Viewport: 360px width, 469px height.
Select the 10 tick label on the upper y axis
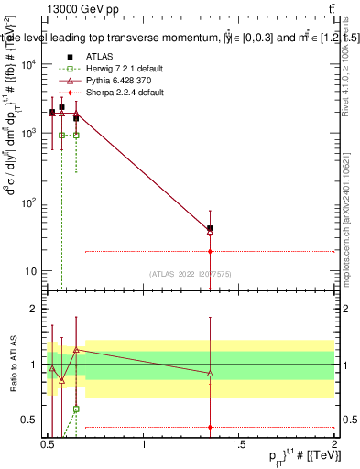click(x=33, y=271)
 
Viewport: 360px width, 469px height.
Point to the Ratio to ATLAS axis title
click(x=13, y=365)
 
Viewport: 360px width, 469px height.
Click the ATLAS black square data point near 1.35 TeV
click(x=211, y=228)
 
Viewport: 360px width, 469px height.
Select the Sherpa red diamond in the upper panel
click(x=211, y=251)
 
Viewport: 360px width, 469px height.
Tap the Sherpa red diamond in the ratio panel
click(x=211, y=427)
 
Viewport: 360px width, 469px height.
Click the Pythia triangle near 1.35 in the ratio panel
click(x=211, y=373)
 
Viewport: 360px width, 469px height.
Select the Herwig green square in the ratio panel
click(x=76, y=409)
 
